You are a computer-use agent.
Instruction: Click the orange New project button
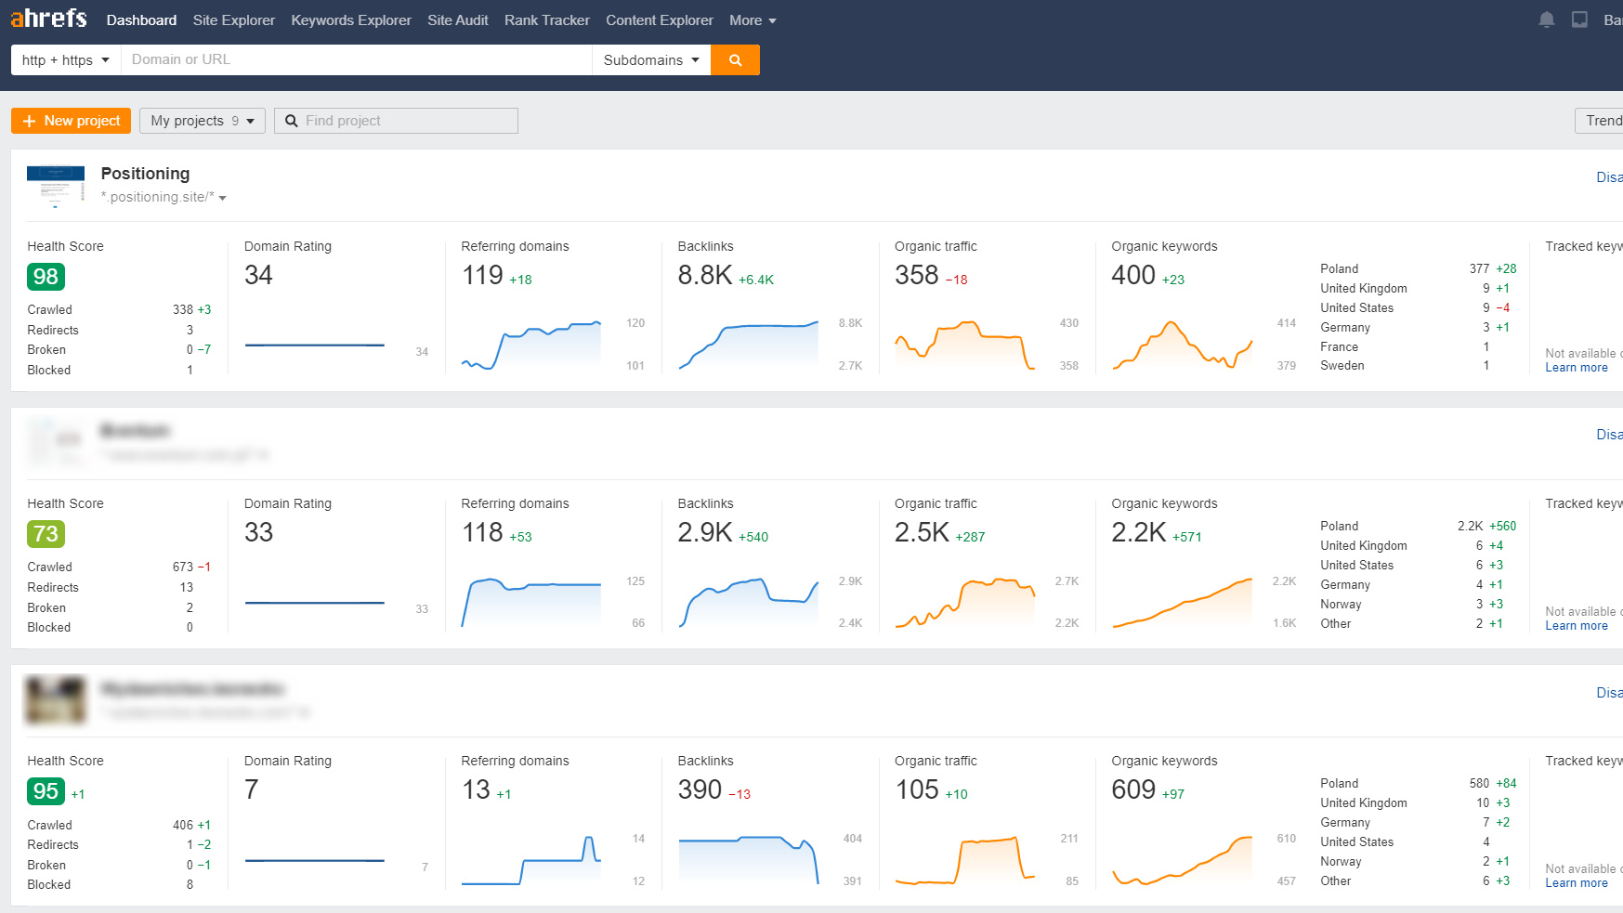(71, 121)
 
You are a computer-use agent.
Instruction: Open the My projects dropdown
(202, 121)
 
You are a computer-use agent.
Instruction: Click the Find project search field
(397, 121)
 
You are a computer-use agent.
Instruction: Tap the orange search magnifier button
(735, 60)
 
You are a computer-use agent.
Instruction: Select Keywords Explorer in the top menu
(350, 20)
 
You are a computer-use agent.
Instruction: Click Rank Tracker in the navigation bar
(546, 20)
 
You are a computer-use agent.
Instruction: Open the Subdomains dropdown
(650, 60)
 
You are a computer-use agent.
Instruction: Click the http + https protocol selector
(65, 60)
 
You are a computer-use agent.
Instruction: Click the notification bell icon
(1546, 20)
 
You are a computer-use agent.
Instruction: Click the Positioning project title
(145, 174)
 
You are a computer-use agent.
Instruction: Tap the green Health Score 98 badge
(46, 277)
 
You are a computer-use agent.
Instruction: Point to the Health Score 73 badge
(46, 534)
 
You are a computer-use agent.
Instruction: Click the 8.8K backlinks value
(705, 275)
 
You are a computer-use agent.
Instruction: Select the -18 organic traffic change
(957, 280)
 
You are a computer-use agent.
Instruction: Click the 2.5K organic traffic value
(922, 532)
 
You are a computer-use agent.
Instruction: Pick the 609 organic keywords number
(1133, 789)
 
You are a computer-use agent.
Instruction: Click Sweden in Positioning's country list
(1342, 366)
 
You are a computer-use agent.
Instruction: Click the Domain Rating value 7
(252, 789)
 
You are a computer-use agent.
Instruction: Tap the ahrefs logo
(48, 19)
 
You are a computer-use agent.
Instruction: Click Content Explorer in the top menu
(659, 20)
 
